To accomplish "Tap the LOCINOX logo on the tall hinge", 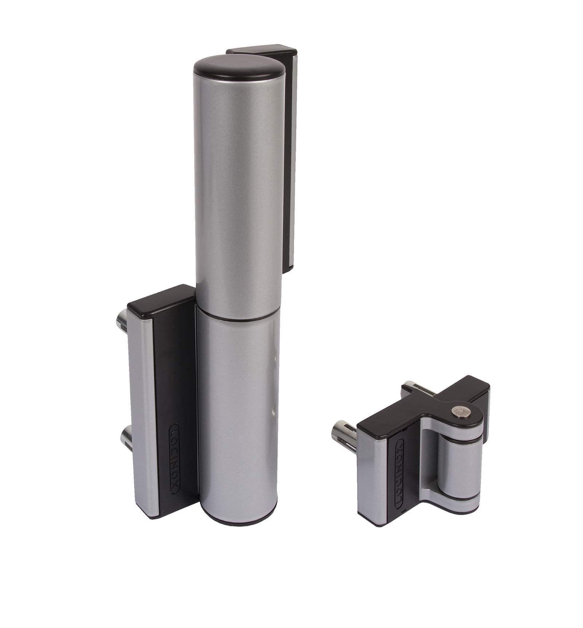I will pyautogui.click(x=174, y=457).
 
